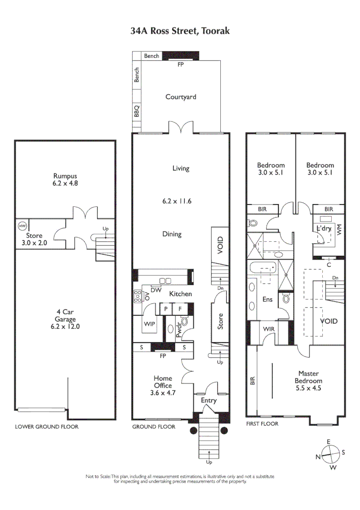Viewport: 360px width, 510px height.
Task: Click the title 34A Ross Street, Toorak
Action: pos(180,31)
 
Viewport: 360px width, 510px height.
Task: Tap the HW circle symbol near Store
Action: pos(22,226)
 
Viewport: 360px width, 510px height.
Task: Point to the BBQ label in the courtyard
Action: pos(137,111)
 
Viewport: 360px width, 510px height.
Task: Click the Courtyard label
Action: pos(181,97)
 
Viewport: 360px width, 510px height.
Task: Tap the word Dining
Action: pos(171,234)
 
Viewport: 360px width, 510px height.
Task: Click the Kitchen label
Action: pos(181,294)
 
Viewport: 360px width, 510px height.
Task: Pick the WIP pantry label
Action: pos(150,324)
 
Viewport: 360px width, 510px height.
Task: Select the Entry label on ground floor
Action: pos(209,400)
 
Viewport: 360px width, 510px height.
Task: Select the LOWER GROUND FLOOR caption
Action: pos(47,427)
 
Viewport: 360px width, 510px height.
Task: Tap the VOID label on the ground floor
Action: pos(220,245)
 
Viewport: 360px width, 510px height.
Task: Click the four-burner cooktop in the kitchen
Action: pos(138,296)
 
